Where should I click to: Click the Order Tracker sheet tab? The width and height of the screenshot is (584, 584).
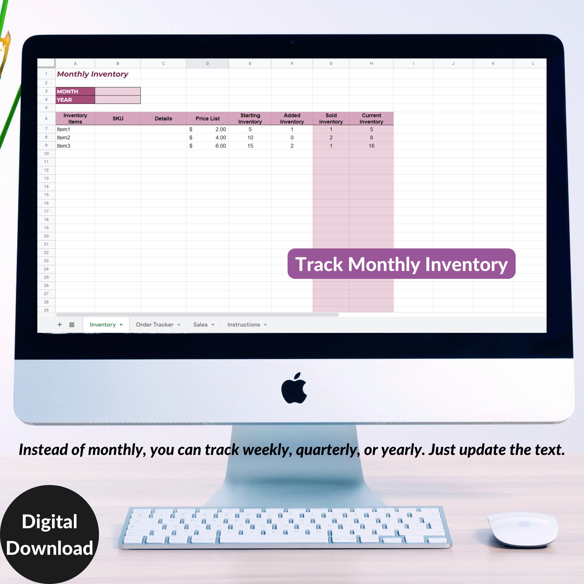point(154,324)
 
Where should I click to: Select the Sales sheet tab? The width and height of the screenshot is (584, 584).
point(200,324)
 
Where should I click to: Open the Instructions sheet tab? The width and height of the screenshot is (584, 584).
point(244,324)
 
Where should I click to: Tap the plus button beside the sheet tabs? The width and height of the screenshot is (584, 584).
point(60,324)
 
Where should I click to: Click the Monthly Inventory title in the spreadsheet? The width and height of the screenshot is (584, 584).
point(93,74)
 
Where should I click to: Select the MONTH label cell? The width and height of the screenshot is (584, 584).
point(75,91)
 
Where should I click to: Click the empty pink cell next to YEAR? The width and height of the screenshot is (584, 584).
point(118,100)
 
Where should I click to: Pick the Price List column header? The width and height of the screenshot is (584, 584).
point(207,119)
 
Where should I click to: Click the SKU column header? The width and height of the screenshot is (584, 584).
point(118,119)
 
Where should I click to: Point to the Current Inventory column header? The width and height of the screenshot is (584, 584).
point(371,119)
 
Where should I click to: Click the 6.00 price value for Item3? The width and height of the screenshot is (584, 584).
point(220,146)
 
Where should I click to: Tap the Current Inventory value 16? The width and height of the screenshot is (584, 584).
point(371,146)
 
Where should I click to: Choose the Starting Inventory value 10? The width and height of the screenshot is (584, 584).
point(250,138)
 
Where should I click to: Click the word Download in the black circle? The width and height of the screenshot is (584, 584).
point(50,548)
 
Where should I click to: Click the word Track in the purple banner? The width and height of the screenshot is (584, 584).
point(319,264)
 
